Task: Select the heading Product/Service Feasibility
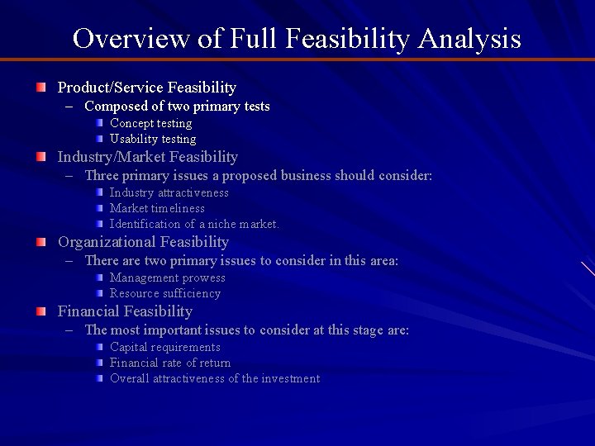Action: pos(146,87)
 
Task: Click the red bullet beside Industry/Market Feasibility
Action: pos(40,157)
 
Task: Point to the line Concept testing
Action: pos(150,123)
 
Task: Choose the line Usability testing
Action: pos(153,139)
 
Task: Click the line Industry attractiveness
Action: pos(169,192)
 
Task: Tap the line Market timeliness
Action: pos(157,208)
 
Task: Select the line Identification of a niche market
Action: pos(194,224)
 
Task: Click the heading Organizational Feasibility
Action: pos(143,242)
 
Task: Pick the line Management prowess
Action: pos(167,278)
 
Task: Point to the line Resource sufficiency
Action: pos(164,293)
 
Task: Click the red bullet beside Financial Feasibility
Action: pos(40,311)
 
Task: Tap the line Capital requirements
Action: pos(164,347)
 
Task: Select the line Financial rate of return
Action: pos(170,363)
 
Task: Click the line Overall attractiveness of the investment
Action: pos(214,378)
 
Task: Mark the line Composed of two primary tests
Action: pos(177,106)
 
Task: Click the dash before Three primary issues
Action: pos(73,175)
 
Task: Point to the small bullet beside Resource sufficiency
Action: pos(98,293)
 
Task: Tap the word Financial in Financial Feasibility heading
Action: pos(89,311)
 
